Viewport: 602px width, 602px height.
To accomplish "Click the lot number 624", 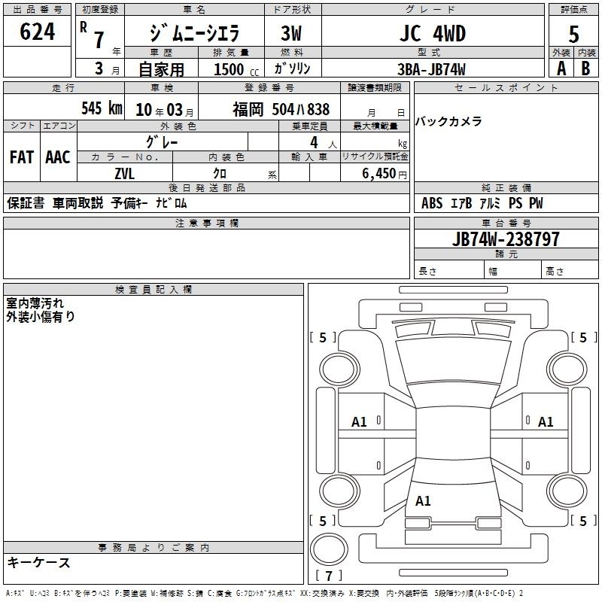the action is click(x=37, y=32).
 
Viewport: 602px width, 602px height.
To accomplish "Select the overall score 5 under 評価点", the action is click(x=573, y=34).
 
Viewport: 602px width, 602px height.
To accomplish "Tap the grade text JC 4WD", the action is click(x=433, y=33).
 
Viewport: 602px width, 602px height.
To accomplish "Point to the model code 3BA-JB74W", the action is click(x=431, y=69).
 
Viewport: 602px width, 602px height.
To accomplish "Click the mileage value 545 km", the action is click(x=102, y=108).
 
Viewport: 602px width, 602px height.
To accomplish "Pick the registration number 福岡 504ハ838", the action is click(x=281, y=109).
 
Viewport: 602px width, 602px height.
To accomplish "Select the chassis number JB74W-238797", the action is click(x=506, y=239).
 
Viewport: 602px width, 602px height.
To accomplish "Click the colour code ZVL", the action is click(x=125, y=174).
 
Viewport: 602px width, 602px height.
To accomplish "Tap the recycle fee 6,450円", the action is click(x=385, y=174).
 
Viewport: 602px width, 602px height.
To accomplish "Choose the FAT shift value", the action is click(x=22, y=157).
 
